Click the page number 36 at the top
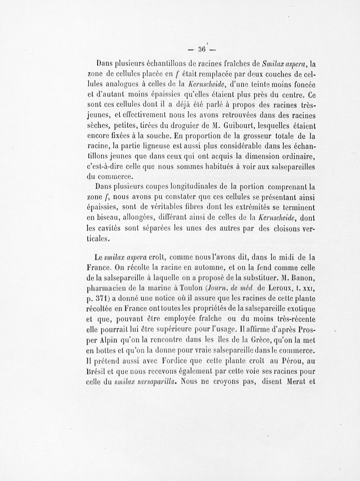coord(201,49)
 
